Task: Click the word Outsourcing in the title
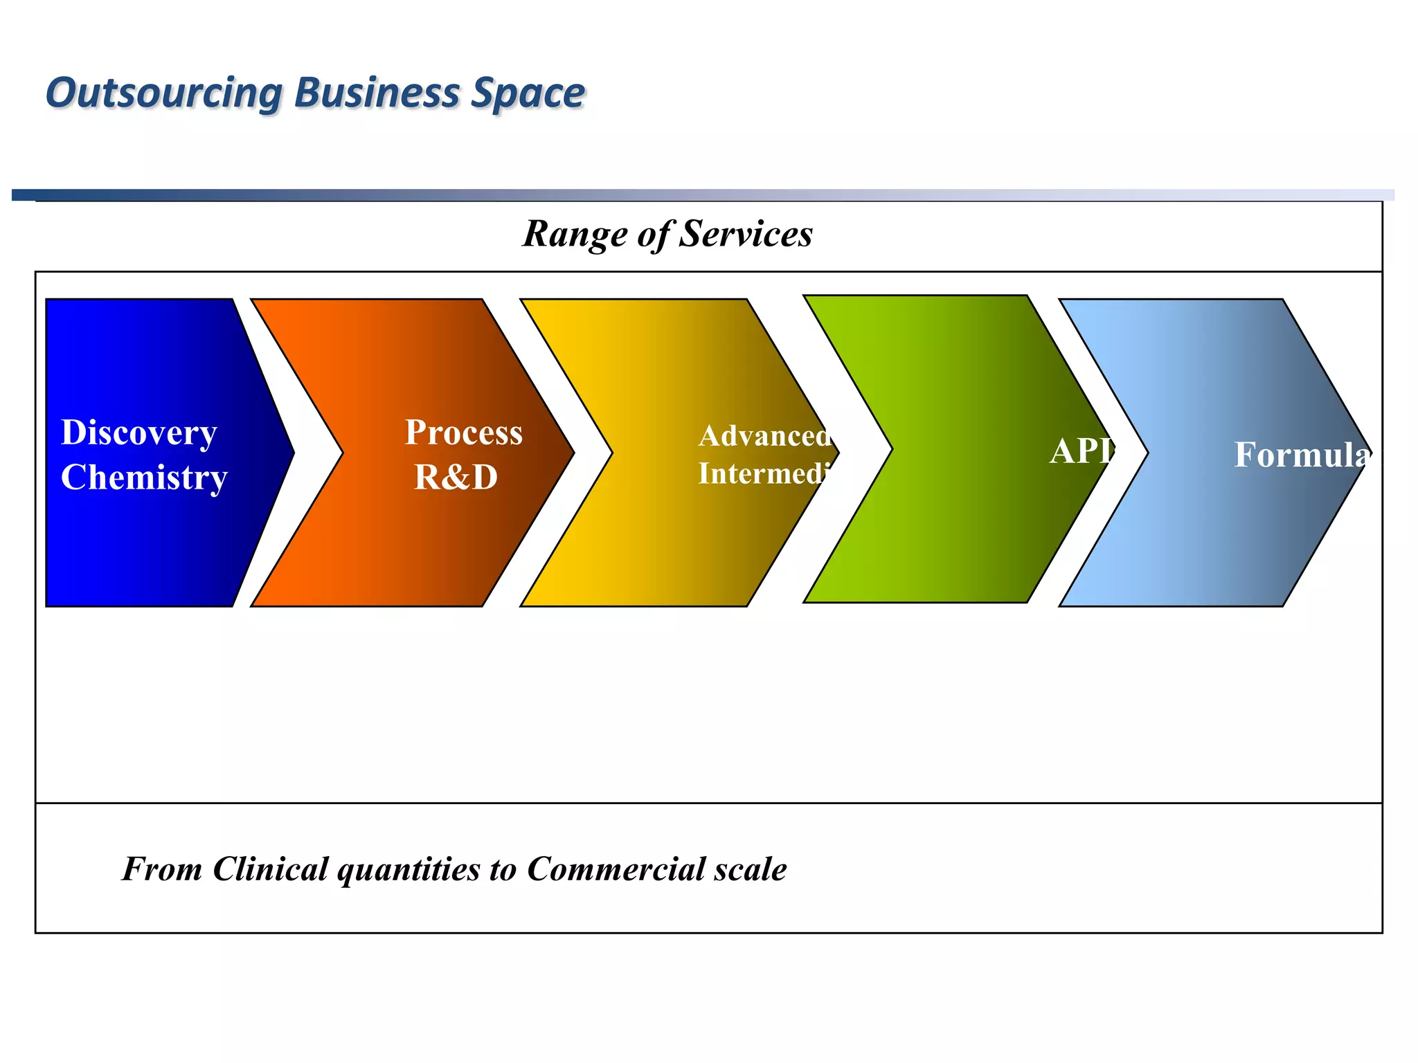coord(164,93)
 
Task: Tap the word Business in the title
coord(377,93)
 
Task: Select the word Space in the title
coord(528,93)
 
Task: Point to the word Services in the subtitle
coord(746,234)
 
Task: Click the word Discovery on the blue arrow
coord(139,433)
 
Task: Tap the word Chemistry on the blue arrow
coord(144,478)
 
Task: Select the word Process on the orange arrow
coord(463,433)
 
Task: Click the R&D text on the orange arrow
coord(456,478)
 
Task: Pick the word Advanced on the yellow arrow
coord(764,436)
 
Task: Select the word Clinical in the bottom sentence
coord(270,869)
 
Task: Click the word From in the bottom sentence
coord(162,869)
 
